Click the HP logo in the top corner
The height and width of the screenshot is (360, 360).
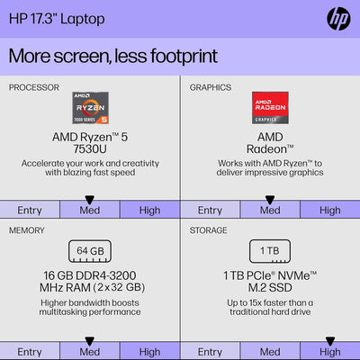tap(339, 18)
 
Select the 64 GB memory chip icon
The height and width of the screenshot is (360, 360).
tap(89, 249)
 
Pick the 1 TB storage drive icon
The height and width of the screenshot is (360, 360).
tap(269, 249)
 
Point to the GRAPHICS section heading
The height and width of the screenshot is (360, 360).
tap(210, 87)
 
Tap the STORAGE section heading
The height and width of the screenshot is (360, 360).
tap(210, 229)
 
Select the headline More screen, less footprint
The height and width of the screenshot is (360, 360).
tap(112, 56)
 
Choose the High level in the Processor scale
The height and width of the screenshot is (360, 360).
tap(149, 210)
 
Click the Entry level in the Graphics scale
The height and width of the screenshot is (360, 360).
tap(210, 210)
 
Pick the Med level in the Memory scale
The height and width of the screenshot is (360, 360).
tap(89, 351)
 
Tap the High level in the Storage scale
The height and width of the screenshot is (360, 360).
tap(329, 351)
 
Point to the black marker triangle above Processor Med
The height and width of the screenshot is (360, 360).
tap(89, 199)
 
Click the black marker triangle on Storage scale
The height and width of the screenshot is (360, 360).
tap(329, 340)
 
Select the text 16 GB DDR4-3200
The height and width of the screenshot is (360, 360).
tap(89, 274)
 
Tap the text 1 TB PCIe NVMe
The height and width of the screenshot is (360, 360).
tap(269, 274)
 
